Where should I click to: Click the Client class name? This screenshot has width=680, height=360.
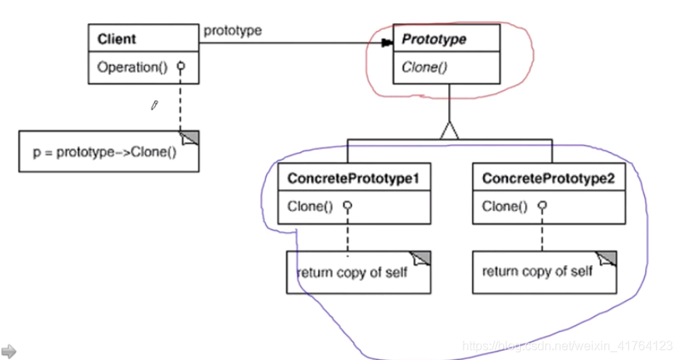[116, 39]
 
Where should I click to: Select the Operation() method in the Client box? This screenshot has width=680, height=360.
[133, 67]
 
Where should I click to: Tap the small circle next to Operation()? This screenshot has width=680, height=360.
[181, 67]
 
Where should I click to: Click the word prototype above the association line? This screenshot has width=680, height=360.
[233, 31]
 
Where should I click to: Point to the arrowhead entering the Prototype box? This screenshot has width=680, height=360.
[387, 43]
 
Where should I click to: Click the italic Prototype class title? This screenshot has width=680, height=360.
[434, 40]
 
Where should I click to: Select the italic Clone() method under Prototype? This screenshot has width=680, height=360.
[425, 67]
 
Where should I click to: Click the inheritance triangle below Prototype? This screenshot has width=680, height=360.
[449, 130]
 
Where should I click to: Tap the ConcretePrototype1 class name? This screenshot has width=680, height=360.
[354, 178]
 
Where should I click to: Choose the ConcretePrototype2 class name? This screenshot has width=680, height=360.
[549, 178]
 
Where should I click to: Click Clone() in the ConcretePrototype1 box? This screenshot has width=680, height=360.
[310, 206]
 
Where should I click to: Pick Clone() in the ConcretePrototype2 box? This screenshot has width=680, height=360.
[505, 206]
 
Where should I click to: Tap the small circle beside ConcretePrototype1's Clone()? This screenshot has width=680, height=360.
[347, 206]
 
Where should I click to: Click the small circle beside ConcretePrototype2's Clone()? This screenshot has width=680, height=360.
[542, 206]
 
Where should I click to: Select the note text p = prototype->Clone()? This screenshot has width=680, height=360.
[105, 152]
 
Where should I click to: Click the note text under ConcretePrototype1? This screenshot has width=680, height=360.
[352, 272]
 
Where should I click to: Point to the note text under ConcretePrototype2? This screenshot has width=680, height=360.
[537, 272]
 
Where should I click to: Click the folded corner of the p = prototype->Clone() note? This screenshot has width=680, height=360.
[189, 138]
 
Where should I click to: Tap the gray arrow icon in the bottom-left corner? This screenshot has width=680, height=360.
[9, 351]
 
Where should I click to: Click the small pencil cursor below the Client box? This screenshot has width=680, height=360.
[154, 106]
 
